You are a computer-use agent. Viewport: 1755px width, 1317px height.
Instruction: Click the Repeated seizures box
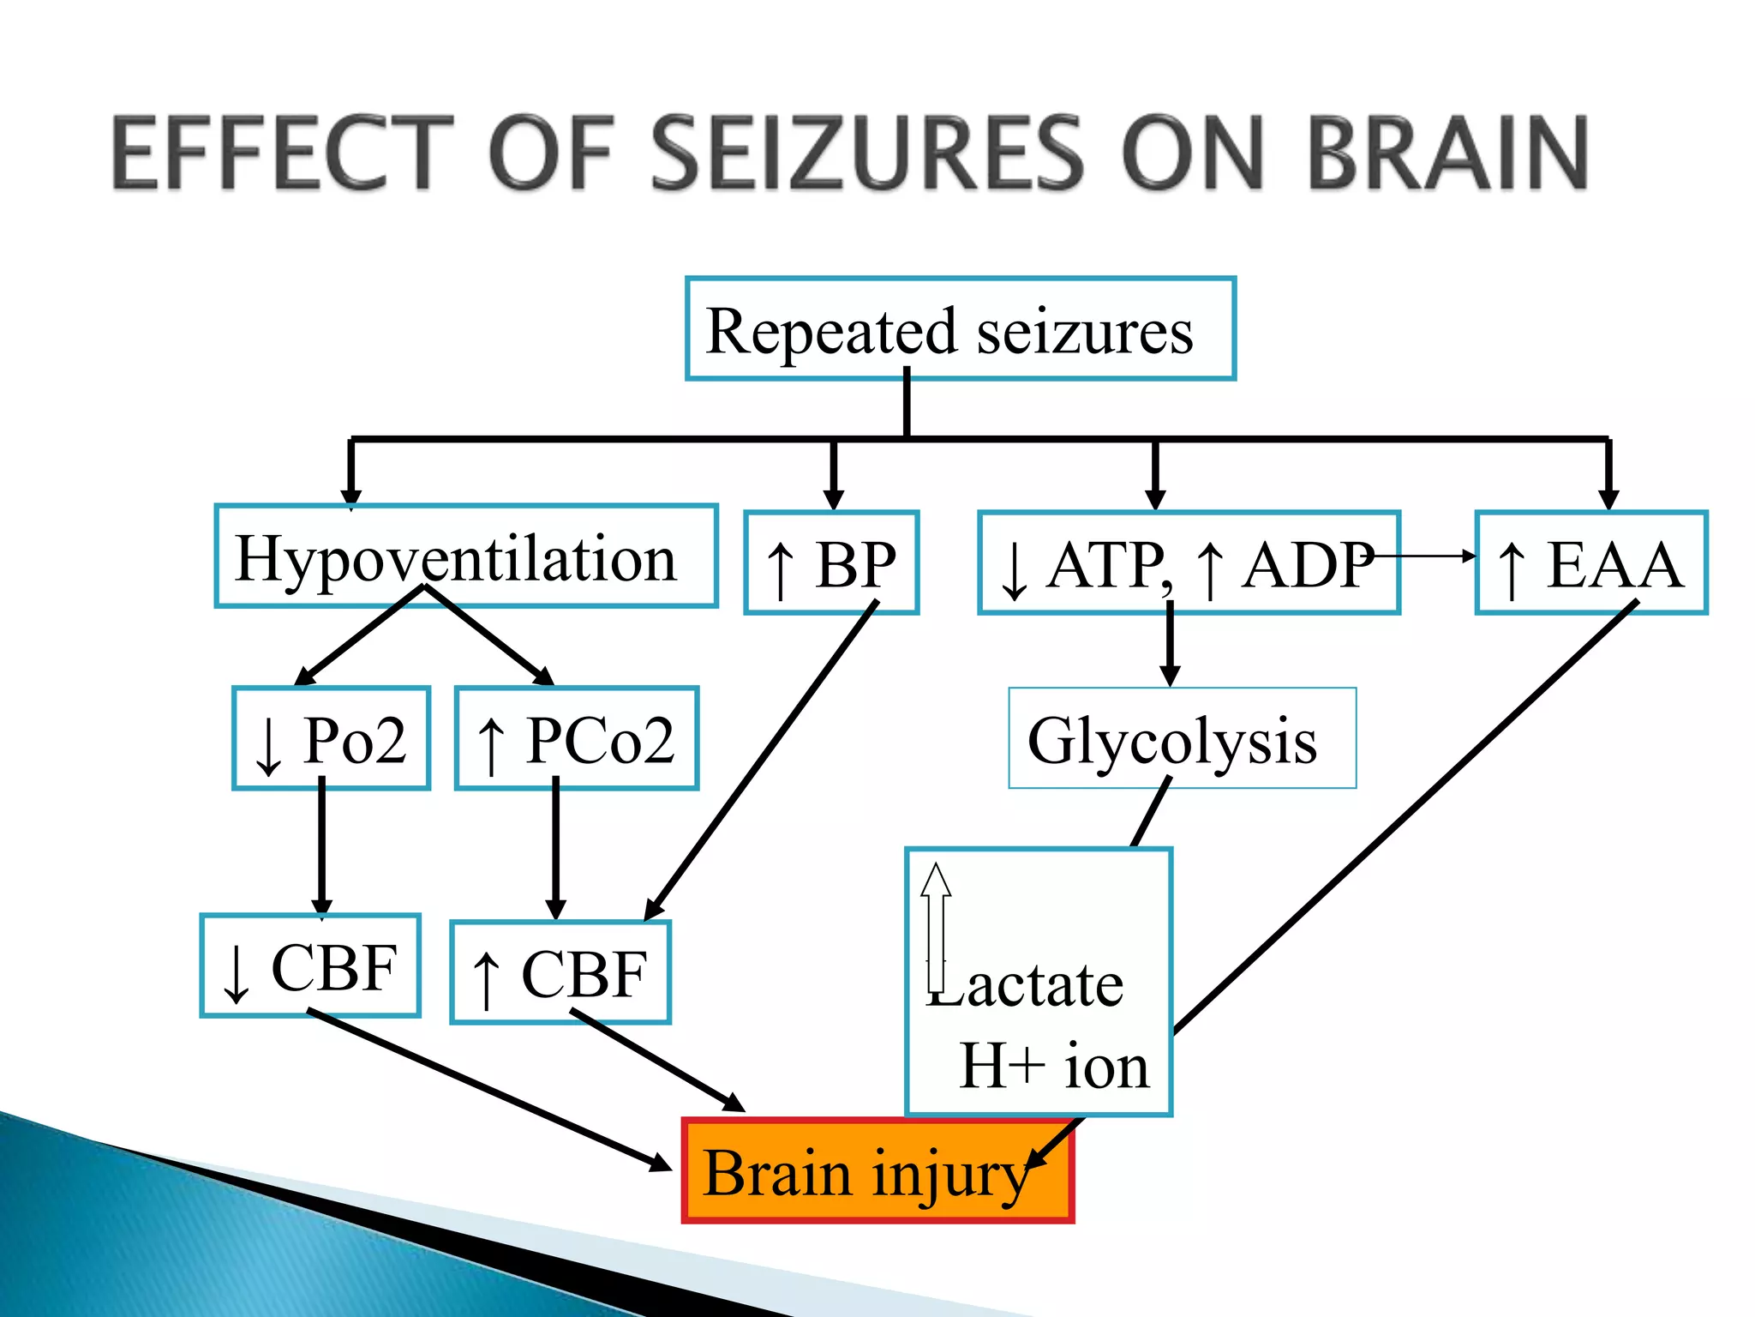pos(960,328)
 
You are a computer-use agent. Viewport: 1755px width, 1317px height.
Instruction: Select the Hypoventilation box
pos(465,556)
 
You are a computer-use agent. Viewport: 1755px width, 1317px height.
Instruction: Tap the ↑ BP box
pos(831,563)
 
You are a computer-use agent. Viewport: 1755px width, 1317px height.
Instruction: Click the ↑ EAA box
pos(1591,563)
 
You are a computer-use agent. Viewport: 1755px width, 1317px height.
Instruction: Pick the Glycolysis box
pos(1182,738)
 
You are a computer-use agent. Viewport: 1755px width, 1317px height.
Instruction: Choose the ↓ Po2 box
pos(331,738)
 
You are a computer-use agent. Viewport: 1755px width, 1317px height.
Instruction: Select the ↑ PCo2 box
pos(577,738)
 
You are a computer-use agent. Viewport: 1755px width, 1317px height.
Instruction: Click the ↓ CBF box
pos(310,966)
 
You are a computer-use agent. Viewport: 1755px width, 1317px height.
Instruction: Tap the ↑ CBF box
pos(560,972)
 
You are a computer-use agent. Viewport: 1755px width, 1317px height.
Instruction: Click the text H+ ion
pos(1054,1066)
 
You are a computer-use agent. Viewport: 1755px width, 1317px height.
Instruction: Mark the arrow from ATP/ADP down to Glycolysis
pos(1170,643)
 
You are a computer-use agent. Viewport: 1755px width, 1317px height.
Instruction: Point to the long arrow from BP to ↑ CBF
pos(763,759)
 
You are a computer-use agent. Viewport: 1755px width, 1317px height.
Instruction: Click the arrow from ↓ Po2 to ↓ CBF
pos(321,849)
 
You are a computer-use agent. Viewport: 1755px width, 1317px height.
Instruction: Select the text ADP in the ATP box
pos(1307,565)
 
